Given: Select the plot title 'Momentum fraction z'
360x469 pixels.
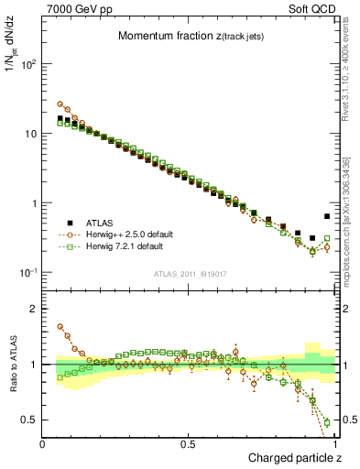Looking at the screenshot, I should pos(185,36).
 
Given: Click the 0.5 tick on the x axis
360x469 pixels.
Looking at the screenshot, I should pos(190,443).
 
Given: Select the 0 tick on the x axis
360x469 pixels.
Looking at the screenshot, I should pos(44,443).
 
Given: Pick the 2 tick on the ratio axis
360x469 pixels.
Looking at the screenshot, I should pos(37,309).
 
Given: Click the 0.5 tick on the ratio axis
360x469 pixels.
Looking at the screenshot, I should pos(33,420).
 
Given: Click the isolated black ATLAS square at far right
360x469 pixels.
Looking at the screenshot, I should pos(327,217).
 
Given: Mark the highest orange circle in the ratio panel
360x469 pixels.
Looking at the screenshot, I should pos(60,326).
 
